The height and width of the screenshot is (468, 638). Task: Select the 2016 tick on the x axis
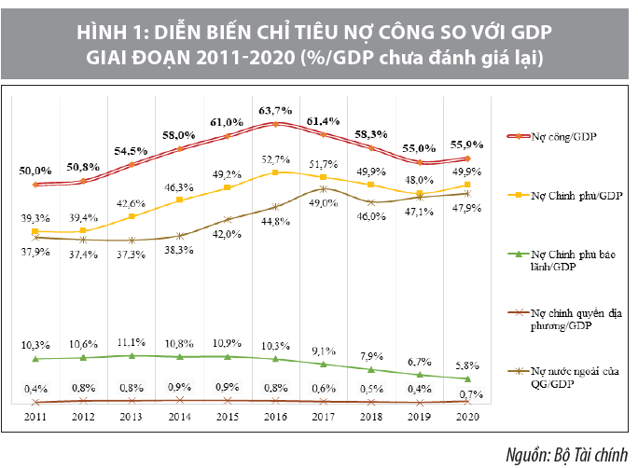coord(275,419)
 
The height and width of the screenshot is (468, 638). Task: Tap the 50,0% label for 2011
coord(35,171)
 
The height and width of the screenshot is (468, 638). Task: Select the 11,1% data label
coord(132,342)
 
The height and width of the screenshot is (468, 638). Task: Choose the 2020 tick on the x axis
coord(468,419)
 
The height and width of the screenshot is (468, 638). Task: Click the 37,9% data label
coord(35,251)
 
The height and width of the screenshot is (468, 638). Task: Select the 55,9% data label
coord(468,145)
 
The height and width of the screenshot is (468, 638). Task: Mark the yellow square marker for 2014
coord(179,200)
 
